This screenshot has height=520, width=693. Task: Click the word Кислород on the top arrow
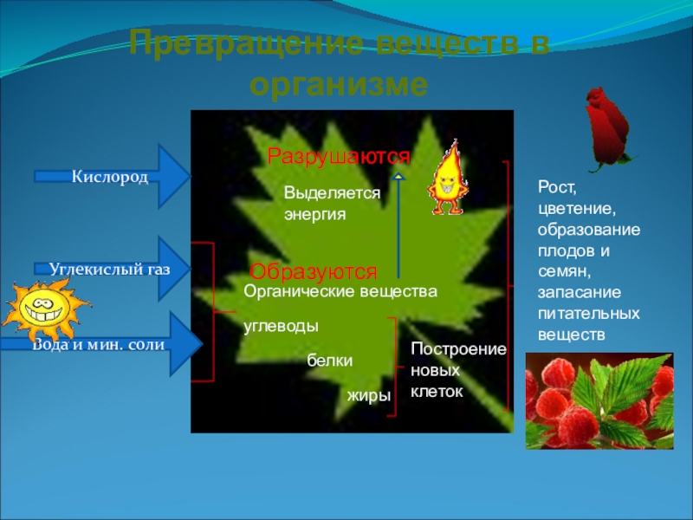[x=109, y=177]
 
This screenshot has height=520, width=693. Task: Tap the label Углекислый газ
[x=109, y=269]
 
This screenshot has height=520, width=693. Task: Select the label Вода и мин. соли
[x=100, y=344]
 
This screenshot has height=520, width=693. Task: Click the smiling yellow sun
[x=44, y=311]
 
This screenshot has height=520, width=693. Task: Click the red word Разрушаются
[x=338, y=157]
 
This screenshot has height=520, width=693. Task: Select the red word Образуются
[x=314, y=270]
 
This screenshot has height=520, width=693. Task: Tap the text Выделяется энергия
[x=332, y=205]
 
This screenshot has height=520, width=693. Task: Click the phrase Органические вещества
[x=340, y=292]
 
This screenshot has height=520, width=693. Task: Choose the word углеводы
[x=281, y=326]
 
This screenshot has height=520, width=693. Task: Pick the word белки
[x=330, y=361]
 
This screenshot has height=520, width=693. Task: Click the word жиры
[x=369, y=395]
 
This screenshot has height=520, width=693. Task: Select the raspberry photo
[x=599, y=400]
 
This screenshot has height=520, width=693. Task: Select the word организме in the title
[x=339, y=84]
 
